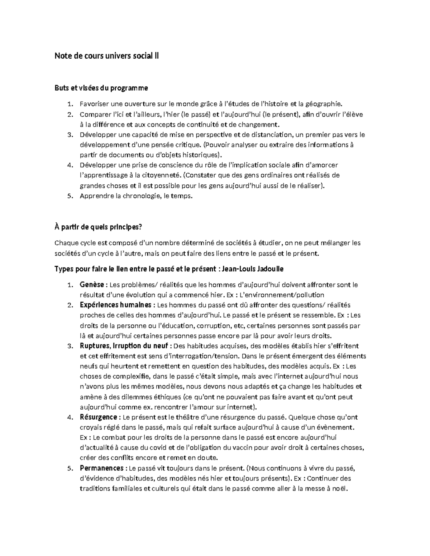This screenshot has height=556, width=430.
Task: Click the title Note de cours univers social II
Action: (x=106, y=56)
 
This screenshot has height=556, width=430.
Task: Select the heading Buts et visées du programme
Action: (x=101, y=88)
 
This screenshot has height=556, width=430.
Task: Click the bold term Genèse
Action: (x=92, y=285)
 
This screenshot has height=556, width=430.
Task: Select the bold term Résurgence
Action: (x=98, y=417)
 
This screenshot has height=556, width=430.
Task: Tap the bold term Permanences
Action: (x=102, y=468)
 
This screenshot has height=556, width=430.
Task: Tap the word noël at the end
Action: (x=341, y=488)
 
